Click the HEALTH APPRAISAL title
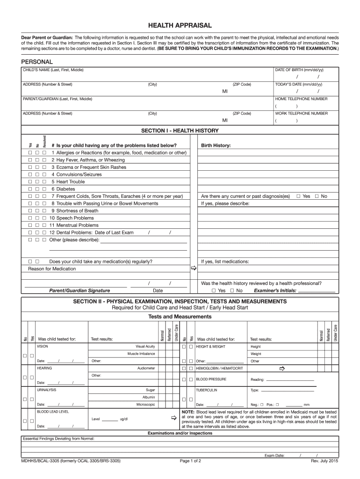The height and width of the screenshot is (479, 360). (x=180, y=25)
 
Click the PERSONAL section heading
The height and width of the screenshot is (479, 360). (x=37, y=62)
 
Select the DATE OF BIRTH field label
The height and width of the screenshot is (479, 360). (x=299, y=70)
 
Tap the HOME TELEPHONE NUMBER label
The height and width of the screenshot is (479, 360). (x=301, y=99)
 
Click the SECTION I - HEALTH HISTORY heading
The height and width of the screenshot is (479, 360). (x=180, y=130)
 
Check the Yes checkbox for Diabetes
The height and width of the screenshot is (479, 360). (x=30, y=189)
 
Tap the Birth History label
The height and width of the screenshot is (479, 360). (x=216, y=145)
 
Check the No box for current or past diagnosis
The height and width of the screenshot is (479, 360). (x=317, y=196)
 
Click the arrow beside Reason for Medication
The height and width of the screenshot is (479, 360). (x=193, y=269)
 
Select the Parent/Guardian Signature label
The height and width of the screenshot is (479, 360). (x=79, y=290)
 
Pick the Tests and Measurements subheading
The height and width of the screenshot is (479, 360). (x=180, y=317)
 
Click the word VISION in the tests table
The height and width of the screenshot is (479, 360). (x=43, y=347)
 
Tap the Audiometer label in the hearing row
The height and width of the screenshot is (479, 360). (x=146, y=369)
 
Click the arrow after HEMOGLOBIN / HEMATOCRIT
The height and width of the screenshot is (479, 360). (x=281, y=369)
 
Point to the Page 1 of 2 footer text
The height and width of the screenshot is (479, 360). (x=190, y=461)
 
